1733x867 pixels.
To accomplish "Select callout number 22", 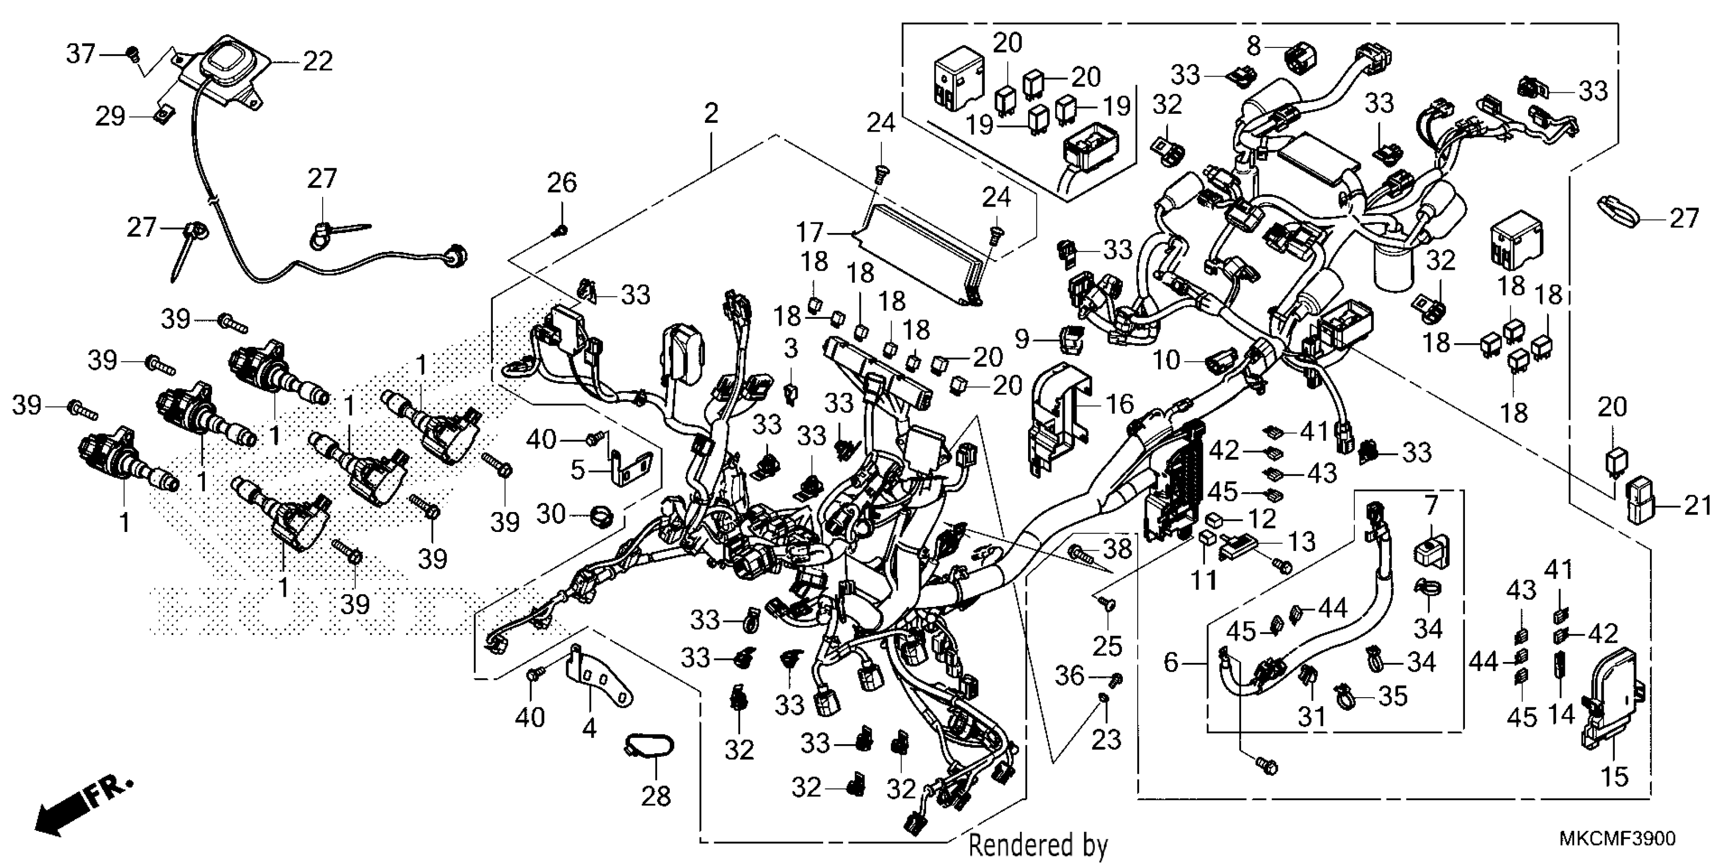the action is tap(318, 61).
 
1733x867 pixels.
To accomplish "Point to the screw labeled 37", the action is tap(133, 52).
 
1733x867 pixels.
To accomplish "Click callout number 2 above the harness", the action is tap(711, 113).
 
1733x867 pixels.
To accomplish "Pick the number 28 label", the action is tap(656, 796).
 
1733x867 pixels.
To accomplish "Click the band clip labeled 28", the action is tap(649, 746).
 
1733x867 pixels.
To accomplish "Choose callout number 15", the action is tap(1615, 776).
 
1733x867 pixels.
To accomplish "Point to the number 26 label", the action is tap(562, 183).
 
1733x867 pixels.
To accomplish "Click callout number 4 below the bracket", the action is tap(589, 728).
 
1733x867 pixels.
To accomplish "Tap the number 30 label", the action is tap(552, 515).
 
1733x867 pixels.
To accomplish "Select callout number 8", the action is tap(1253, 46).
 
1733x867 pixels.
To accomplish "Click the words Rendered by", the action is tap(1037, 846).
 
